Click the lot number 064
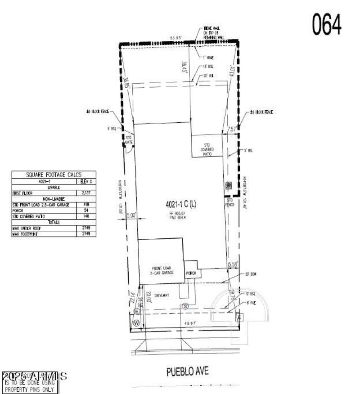click(x=327, y=24)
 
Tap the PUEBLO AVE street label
click(x=188, y=372)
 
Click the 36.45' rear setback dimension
click(x=184, y=67)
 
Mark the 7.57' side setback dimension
click(x=232, y=129)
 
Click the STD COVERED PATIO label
click(x=207, y=149)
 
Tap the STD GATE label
click(x=129, y=139)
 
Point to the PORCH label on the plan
click(x=192, y=273)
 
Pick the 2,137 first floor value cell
click(x=86, y=193)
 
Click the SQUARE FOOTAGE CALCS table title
click(x=54, y=175)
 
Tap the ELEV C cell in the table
click(x=86, y=181)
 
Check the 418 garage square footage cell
click(x=86, y=204)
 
